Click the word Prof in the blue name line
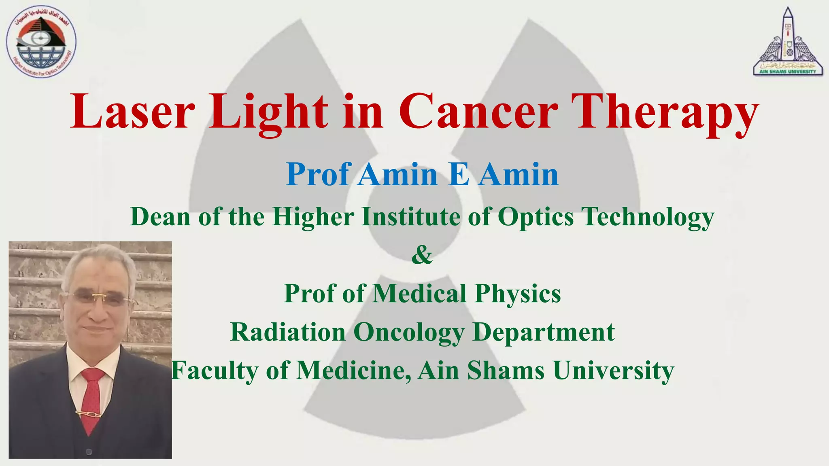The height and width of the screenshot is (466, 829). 318,175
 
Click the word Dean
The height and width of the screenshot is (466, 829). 160,216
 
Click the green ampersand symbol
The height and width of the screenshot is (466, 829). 422,255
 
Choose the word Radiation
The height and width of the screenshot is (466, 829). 288,332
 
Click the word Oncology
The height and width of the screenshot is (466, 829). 409,333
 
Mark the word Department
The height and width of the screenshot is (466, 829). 544,333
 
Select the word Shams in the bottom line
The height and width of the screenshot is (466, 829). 506,370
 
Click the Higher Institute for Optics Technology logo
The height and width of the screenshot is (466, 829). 41,42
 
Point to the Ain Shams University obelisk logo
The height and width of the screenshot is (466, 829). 788,42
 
